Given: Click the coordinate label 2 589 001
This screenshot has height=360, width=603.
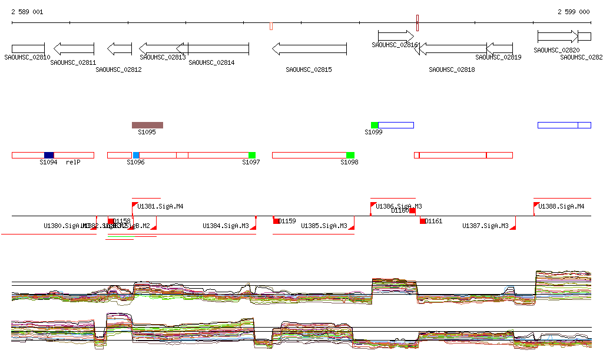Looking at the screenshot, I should [27, 12].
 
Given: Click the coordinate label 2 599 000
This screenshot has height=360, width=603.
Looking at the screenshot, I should [574, 12].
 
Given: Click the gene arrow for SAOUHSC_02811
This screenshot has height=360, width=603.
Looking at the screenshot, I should [74, 48].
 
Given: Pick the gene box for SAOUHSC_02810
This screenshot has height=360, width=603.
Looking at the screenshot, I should [28, 48].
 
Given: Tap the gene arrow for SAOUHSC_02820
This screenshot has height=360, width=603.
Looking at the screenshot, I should [557, 37].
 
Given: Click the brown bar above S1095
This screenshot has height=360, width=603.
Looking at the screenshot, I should [147, 125].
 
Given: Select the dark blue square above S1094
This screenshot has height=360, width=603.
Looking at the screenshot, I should [49, 155].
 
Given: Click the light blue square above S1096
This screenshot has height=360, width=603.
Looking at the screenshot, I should [136, 155].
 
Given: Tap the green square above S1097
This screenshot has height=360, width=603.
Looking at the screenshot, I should [252, 155].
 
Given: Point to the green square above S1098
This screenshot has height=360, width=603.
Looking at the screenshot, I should [350, 155].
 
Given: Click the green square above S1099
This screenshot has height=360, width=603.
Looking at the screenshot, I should [375, 125].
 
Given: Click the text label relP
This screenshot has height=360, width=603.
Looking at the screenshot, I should [72, 162].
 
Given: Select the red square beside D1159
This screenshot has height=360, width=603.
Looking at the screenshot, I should [276, 221].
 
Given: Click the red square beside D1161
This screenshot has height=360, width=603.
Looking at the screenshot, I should [423, 221].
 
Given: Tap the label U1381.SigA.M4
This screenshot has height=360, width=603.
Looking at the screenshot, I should [160, 207].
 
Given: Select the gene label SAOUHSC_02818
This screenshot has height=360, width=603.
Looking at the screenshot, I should [452, 70].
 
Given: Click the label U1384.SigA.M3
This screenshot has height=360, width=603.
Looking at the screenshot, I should [226, 226].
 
